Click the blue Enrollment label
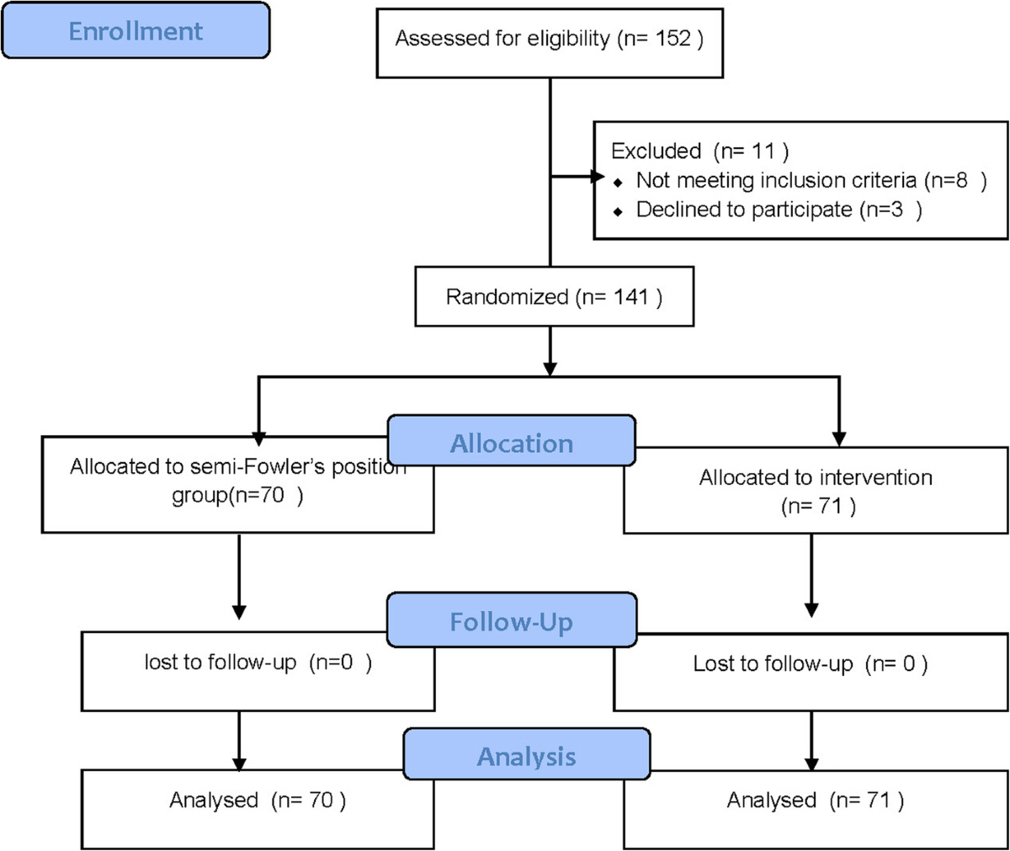(136, 31)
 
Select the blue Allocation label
(511, 443)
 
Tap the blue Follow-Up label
(511, 621)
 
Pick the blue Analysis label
(526, 756)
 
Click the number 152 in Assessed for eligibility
(672, 39)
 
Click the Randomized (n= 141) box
(554, 297)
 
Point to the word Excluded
(656, 152)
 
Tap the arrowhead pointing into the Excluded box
(598, 178)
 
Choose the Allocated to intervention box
(815, 492)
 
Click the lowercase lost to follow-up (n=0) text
(258, 662)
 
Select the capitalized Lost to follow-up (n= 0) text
(810, 664)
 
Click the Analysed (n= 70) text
(258, 800)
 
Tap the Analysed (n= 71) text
(815, 800)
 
